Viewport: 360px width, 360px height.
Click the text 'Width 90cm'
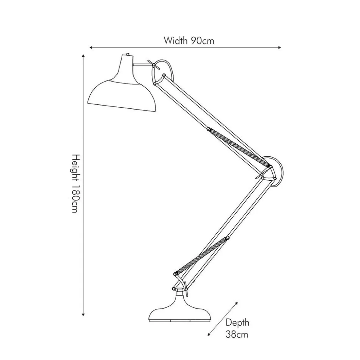coord(189,41)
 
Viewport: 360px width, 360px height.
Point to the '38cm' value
coord(237,334)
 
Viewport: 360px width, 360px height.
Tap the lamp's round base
coord(180,309)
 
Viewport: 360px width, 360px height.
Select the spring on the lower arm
coord(201,255)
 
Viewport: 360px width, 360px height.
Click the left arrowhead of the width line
coord(91,47)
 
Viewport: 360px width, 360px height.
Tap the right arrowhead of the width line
coord(279,47)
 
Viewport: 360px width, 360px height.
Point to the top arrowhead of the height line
coord(83,56)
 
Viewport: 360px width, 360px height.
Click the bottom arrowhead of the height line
coord(83,315)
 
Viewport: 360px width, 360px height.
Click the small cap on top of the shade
coord(128,54)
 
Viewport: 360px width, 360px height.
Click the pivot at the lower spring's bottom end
coord(176,273)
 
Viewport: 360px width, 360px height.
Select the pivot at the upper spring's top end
coord(209,129)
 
